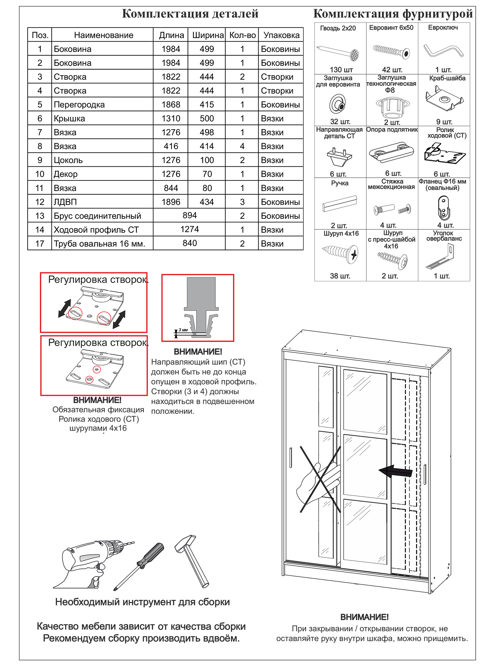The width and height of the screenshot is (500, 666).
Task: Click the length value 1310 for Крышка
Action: (171, 118)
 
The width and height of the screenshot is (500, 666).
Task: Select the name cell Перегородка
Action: (79, 105)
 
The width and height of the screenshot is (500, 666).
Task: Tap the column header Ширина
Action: (208, 35)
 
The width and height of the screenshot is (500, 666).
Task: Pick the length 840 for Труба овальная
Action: (190, 243)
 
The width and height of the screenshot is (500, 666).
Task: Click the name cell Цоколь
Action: (68, 160)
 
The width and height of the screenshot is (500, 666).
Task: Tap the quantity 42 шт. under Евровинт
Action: (392, 70)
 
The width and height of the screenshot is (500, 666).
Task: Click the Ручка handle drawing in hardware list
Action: (340, 203)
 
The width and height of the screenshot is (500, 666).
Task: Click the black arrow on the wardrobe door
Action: (396, 471)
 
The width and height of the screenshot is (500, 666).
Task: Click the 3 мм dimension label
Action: (183, 330)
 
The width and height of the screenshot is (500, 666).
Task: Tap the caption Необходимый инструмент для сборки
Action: (142, 602)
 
